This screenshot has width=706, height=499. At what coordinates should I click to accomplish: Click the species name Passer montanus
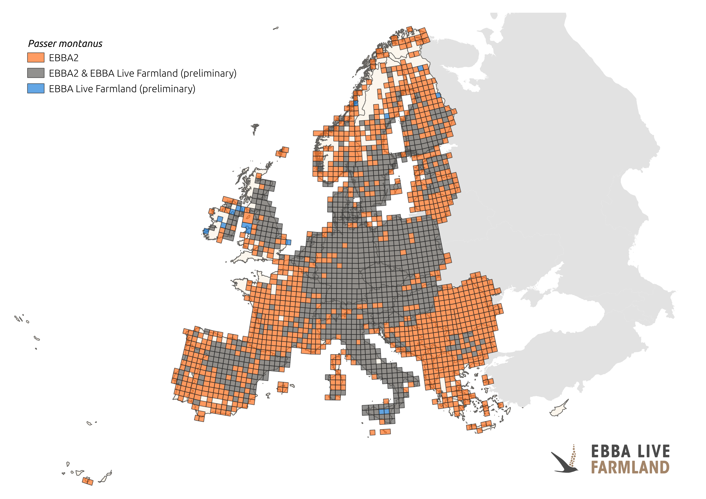coord(65,44)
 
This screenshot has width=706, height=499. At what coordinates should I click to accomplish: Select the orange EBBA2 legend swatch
coord(36,58)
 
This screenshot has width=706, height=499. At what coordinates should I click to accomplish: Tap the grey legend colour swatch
coord(36,73)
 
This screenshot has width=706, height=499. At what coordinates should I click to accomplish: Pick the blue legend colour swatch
coord(36,89)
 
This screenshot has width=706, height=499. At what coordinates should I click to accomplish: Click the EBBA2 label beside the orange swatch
coord(64,58)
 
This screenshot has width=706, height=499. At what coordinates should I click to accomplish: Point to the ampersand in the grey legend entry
coord(84,73)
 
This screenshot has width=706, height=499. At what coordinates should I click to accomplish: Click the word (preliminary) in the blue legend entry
coord(167,89)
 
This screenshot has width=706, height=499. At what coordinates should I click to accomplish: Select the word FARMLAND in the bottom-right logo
coord(630,467)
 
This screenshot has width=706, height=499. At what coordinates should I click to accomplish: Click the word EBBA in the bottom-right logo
coord(611,451)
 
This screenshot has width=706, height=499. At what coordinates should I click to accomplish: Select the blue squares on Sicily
coord(384,411)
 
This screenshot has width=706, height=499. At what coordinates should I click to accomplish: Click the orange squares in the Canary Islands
coord(88,481)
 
